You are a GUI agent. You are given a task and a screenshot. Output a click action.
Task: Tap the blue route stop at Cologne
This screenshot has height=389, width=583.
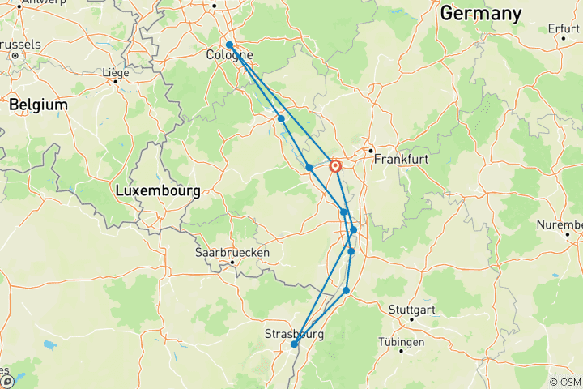pyautogui.click(x=230, y=45)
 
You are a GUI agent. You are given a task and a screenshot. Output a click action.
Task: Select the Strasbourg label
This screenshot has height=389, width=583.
pyautogui.click(x=294, y=334)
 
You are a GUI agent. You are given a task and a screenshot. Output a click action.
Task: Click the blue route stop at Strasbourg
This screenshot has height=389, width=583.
pyautogui.click(x=295, y=344)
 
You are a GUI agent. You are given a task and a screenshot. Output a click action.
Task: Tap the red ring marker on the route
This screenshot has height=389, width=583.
pyautogui.click(x=335, y=166)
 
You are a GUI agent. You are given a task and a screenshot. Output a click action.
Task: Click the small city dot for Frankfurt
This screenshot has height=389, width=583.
pyautogui.click(x=370, y=150)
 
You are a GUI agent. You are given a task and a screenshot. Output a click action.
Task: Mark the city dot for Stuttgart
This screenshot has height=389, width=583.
pyautogui.click(x=411, y=319)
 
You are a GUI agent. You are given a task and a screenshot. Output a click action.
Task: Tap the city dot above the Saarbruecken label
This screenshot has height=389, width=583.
pyautogui.click(x=232, y=262)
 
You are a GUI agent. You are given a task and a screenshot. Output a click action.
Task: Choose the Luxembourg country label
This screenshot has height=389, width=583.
pyautogui.click(x=157, y=191)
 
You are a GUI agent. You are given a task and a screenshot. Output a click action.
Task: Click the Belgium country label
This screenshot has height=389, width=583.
pyautogui.click(x=38, y=105)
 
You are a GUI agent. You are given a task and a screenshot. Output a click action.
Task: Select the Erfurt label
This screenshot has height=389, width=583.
pyautogui.click(x=563, y=28)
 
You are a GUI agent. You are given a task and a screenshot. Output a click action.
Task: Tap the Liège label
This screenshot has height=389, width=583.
pyautogui.click(x=115, y=72)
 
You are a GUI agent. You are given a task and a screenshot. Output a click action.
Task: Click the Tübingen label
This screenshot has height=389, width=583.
pyautogui.click(x=401, y=342)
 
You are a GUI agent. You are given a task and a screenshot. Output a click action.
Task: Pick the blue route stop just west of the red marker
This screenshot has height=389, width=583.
pyautogui.click(x=309, y=168)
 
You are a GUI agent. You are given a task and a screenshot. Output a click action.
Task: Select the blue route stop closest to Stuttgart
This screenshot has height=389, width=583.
pyautogui.click(x=347, y=290)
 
